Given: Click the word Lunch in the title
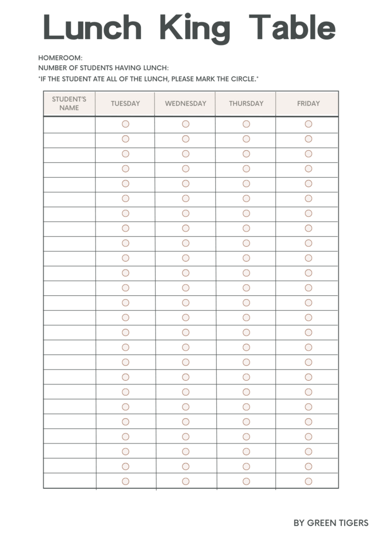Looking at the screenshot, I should pos(93,27).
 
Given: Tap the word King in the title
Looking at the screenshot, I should pos(195,27).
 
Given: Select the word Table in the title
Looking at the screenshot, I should pos(292,27).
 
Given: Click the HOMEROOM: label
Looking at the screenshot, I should pos(61,57).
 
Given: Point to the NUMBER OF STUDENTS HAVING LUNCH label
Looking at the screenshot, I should pos(103,68).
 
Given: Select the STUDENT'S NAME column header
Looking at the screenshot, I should pos(69,103).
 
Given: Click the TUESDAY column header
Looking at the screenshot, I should pos(125,103).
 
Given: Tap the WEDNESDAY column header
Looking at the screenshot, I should pos(186,103).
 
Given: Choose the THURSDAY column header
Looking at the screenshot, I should pos(246,103).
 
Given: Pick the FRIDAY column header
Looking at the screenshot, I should pos(308,103).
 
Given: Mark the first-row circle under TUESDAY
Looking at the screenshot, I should pos(126,124).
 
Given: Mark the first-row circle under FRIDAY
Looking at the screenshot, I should pos(309,124).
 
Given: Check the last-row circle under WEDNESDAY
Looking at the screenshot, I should pos(186,481).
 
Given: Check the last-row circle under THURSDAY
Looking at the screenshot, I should pos(246,481).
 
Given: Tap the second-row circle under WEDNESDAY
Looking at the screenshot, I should pos(186,139).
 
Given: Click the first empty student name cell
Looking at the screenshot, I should pos(69,124).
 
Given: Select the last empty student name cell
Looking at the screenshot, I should pos(69,481).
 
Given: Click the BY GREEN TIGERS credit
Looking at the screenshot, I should pos(331,523).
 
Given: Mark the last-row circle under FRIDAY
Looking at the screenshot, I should pos(309,481).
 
